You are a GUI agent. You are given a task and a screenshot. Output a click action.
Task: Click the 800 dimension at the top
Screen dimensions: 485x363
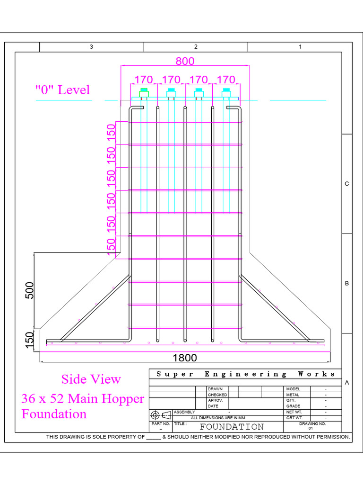coord(185,61)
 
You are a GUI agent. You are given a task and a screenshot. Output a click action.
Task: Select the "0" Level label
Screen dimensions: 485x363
coord(62,90)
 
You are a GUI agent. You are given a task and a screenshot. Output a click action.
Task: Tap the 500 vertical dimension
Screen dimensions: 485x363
coord(29,290)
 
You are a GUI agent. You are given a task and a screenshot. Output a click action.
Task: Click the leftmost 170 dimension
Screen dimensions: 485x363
coord(144,79)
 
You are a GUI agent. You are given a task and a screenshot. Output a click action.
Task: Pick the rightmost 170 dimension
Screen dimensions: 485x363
coord(225,79)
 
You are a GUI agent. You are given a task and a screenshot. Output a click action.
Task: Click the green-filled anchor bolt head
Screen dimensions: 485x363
coord(144,90)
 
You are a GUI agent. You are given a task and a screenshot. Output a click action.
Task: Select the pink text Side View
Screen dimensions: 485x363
coord(91,379)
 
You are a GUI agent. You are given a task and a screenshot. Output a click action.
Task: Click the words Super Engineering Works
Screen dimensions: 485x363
coord(246,374)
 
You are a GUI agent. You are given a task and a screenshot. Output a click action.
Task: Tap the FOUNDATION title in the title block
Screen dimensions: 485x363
coord(232,427)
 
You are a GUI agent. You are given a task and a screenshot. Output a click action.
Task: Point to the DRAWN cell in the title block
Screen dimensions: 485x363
coord(215,389)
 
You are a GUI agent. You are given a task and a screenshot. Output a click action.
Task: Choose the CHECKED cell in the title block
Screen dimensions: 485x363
coord(217,395)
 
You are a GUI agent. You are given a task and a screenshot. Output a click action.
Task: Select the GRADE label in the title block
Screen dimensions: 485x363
coord(294,406)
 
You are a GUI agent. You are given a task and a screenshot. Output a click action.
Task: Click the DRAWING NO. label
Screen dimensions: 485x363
coord(312,423)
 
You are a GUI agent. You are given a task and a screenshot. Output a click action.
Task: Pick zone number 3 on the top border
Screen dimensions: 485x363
coord(91,47)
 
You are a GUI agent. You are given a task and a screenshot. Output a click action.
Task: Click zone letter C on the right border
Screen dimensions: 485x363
coord(346,184)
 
